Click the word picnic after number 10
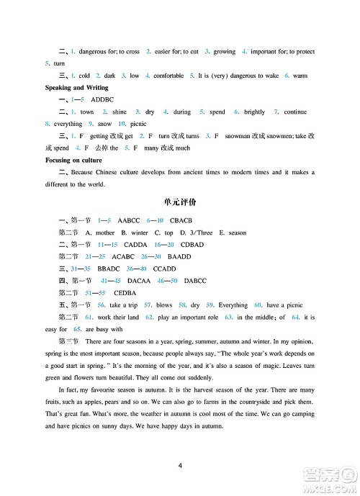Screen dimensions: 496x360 119,124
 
